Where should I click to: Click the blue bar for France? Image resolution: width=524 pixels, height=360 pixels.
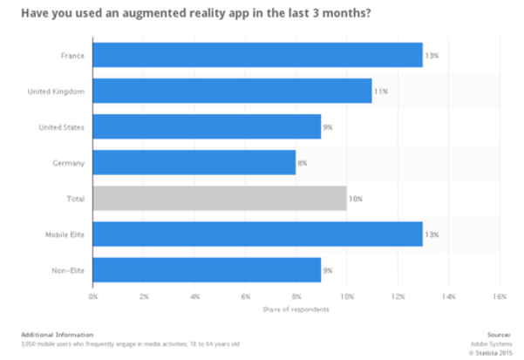click(x=257, y=55)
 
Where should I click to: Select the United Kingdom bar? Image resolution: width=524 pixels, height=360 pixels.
click(x=232, y=91)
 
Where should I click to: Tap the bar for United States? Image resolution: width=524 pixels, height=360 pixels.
click(x=207, y=126)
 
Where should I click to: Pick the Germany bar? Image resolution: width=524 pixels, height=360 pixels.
click(x=194, y=162)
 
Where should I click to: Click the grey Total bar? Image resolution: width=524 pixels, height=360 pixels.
click(x=219, y=199)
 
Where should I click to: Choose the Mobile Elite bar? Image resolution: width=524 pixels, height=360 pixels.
click(x=257, y=234)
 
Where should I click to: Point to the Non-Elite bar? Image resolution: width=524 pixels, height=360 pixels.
click(x=207, y=270)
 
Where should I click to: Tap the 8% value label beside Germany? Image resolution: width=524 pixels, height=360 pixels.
click(x=303, y=162)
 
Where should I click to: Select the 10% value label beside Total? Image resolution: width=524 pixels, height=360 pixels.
click(x=354, y=199)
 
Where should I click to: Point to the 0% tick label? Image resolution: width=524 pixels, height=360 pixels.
click(x=93, y=296)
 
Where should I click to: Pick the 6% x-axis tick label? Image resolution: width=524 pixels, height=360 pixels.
click(x=245, y=296)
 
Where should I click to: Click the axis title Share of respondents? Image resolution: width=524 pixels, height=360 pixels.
click(x=296, y=309)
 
